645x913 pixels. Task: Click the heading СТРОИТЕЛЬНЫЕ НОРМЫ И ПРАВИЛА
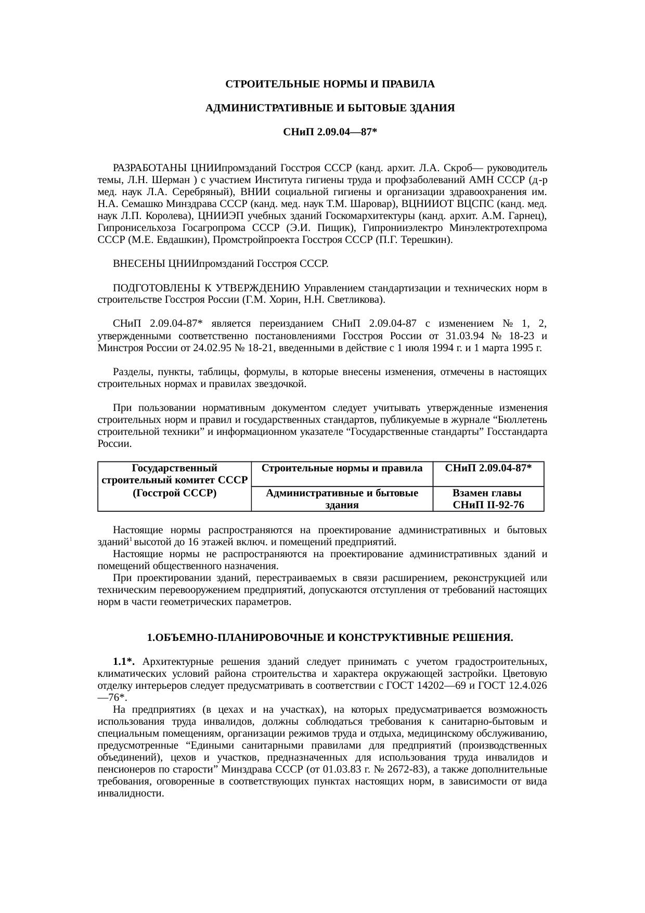(x=330, y=84)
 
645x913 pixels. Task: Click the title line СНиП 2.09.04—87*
(x=330, y=132)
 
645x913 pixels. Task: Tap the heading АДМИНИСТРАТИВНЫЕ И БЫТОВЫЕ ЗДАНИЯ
(x=330, y=108)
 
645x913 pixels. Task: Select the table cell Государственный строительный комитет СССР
(x=174, y=480)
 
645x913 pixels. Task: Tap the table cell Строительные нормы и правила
(x=342, y=468)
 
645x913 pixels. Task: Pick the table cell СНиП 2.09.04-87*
(x=488, y=468)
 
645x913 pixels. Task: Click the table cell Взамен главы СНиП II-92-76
(x=488, y=499)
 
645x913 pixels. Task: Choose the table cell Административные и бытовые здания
(x=342, y=499)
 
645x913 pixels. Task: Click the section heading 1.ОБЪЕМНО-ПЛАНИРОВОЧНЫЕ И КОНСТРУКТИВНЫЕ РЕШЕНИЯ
(x=330, y=638)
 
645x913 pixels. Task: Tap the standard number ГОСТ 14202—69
(x=422, y=685)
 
